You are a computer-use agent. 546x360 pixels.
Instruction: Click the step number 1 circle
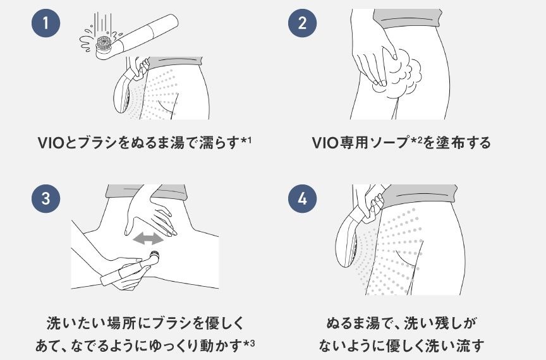45,23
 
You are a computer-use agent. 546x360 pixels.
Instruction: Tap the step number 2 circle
302,23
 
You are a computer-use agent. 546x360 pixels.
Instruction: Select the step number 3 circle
45,199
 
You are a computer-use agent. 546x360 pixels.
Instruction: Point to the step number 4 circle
302,199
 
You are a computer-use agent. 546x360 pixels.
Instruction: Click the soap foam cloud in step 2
401,76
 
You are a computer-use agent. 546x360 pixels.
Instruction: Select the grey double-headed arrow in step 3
148,239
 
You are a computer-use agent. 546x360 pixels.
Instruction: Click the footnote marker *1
246,141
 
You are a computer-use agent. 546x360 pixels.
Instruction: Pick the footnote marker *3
249,345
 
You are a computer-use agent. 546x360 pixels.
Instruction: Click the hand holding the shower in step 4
373,207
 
